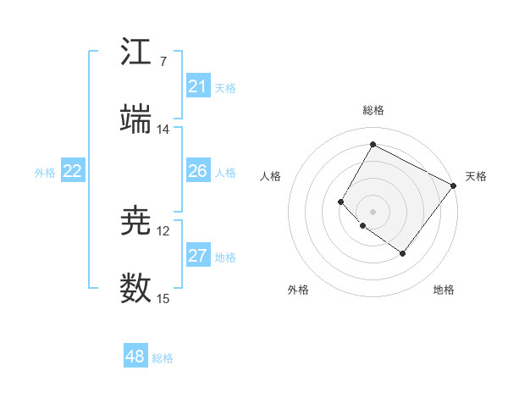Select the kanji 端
click(x=135, y=119)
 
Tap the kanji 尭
click(x=135, y=221)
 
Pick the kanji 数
click(x=135, y=289)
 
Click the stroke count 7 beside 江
click(x=163, y=62)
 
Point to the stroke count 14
click(x=163, y=130)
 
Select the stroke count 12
click(x=163, y=231)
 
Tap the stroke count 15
click(x=163, y=299)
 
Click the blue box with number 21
click(x=198, y=86)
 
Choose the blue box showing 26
click(x=198, y=171)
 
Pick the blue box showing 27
click(x=198, y=256)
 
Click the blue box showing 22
click(x=73, y=171)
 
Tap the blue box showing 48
click(x=135, y=357)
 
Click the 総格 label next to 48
click(x=163, y=358)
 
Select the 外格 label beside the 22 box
click(x=45, y=173)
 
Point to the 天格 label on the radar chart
click(x=476, y=176)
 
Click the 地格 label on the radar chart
click(x=444, y=290)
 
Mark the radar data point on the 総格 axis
click(x=373, y=145)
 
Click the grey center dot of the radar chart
click(x=373, y=211)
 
